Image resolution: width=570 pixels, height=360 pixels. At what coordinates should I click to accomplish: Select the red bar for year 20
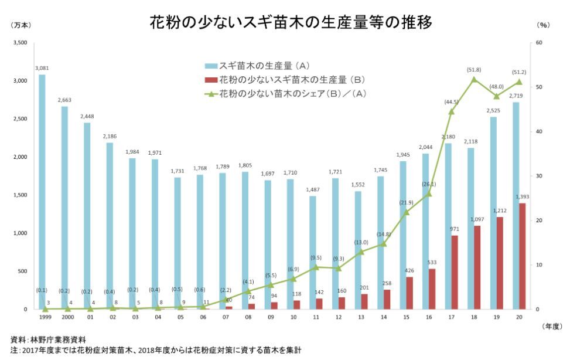point(523,256)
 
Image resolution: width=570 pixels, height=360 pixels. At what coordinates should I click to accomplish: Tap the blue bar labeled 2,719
point(516,206)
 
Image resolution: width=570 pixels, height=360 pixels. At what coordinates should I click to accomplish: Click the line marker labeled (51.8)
point(474,79)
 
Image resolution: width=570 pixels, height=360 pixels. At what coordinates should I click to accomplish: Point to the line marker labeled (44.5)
point(451,111)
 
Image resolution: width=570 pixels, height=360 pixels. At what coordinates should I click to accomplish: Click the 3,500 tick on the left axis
point(20,43)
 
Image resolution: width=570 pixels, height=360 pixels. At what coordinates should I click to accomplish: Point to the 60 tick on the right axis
point(540,43)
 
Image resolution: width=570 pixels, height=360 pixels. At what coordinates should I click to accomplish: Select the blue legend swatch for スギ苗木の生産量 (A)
point(211,65)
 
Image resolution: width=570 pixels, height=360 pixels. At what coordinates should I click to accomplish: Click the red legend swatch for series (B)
point(211,79)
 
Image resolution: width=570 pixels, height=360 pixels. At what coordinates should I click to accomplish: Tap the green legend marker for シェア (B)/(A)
point(211,93)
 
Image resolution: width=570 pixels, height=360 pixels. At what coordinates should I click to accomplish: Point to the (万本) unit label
point(21,25)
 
